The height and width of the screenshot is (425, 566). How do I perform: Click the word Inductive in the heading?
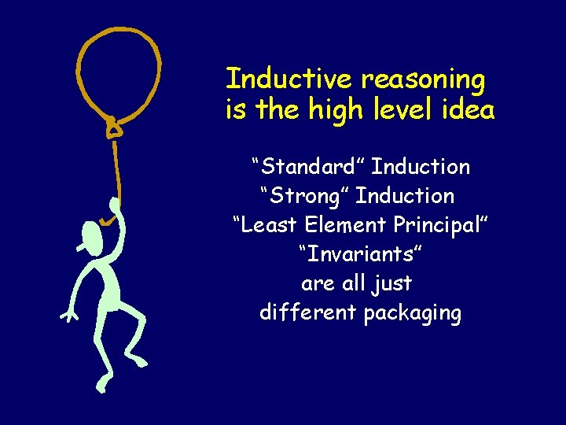tap(289, 79)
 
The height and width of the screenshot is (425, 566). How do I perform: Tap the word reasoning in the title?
tap(423, 80)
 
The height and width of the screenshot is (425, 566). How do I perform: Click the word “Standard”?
tap(307, 167)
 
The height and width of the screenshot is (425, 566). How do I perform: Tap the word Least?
tap(266, 225)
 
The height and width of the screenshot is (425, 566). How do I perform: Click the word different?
tap(308, 312)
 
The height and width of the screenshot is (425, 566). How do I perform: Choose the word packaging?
tap(413, 314)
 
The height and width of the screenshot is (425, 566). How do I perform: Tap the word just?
tap(395, 284)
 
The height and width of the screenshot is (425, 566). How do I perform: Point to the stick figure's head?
tap(92, 235)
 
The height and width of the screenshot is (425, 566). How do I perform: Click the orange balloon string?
tap(117, 169)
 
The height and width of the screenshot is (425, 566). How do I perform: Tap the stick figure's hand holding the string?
tap(115, 213)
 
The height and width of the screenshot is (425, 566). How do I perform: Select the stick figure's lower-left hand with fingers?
tap(68, 316)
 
